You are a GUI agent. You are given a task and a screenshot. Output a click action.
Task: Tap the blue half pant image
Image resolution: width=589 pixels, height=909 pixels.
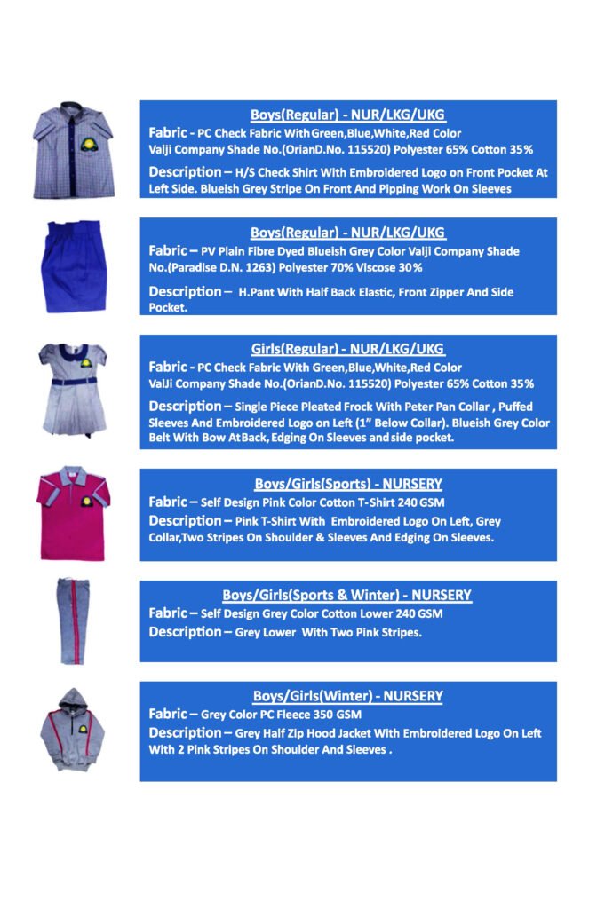click(x=73, y=267)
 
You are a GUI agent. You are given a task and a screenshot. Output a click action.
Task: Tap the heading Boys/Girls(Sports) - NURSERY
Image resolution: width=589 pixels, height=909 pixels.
click(x=347, y=484)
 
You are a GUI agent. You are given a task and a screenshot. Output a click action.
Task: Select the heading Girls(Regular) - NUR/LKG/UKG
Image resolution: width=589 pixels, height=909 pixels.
click(x=347, y=350)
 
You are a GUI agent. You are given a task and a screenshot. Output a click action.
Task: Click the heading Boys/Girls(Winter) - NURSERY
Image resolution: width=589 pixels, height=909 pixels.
click(x=347, y=696)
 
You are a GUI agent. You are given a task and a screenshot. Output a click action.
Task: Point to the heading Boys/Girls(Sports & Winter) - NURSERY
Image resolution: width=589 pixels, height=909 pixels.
click(x=346, y=595)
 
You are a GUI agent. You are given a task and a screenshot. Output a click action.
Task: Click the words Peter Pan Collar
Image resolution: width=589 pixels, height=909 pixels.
click(x=425, y=407)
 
